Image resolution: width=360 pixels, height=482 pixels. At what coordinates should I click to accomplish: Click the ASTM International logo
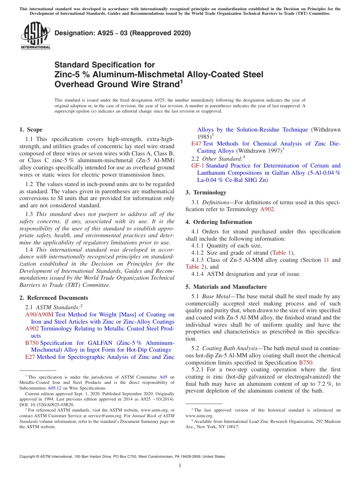[x=35, y=35]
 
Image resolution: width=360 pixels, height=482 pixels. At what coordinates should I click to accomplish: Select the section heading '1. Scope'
[x=31, y=130]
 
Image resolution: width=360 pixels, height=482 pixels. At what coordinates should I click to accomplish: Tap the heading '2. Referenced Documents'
[x=54, y=298]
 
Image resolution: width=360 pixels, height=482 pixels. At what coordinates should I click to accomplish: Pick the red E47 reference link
[x=196, y=144]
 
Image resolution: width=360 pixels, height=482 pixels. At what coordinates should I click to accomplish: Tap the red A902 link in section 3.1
[x=267, y=209]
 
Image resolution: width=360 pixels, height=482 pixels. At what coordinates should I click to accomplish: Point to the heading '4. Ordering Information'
[x=219, y=222]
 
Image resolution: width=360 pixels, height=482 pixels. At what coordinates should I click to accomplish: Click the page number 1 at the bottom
[x=180, y=466]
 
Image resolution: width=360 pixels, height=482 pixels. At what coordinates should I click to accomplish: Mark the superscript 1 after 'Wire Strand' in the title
[x=181, y=81]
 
